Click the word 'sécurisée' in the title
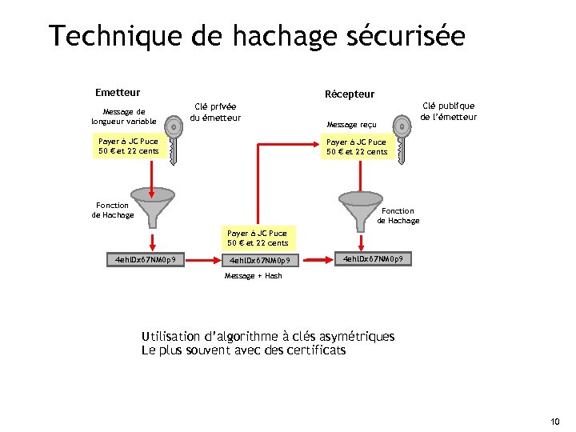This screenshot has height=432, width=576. click(400, 37)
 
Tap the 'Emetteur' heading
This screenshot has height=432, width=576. click(118, 93)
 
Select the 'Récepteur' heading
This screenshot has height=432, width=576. click(350, 94)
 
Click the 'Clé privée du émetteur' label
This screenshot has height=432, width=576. click(216, 112)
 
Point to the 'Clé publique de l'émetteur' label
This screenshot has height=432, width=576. click(448, 111)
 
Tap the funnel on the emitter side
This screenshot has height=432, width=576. click(152, 204)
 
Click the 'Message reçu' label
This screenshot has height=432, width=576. click(352, 125)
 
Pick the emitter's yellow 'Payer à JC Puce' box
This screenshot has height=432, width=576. click(128, 146)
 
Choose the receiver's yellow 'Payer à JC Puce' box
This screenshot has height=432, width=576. click(357, 146)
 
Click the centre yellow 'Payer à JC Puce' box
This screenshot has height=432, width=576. click(258, 238)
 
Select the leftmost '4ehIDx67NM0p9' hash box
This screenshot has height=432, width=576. click(146, 259)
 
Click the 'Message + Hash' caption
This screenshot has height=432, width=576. click(253, 276)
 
